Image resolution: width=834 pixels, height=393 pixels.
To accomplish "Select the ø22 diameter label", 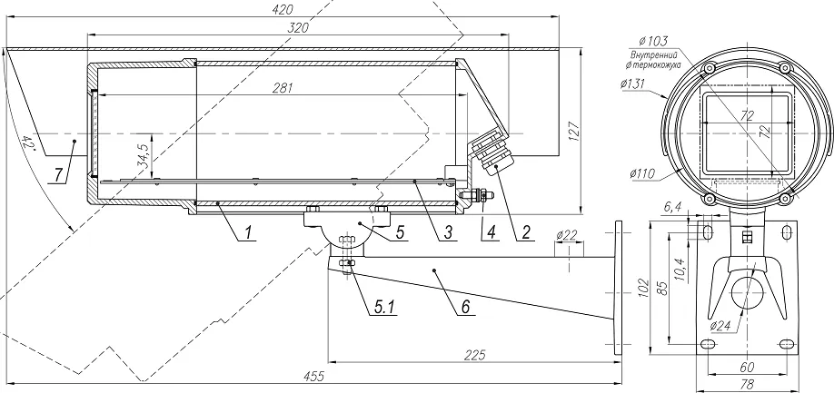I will [567, 237].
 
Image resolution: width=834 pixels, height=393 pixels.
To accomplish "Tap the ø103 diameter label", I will [653, 41].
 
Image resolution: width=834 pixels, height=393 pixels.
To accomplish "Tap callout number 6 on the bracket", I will [465, 305].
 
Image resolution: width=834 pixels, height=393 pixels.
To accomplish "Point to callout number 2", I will [525, 232].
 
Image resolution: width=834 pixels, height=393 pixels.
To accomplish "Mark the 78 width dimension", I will [746, 384].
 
